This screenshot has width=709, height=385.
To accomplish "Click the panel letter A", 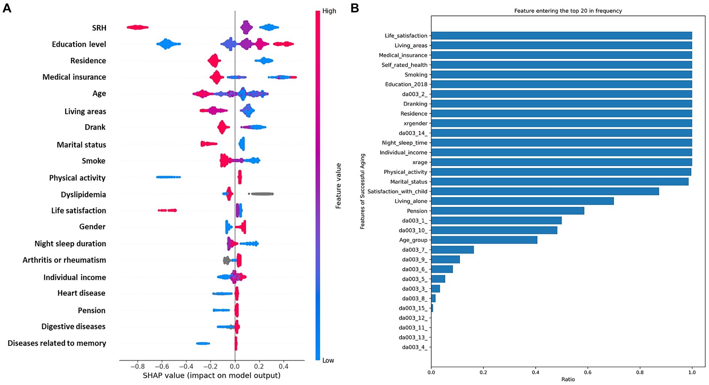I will coord(7,8).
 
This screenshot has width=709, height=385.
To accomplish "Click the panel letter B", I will coord(355,8).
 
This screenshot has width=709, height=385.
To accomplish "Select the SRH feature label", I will coord(99,28).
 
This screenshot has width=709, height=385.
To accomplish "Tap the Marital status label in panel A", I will coord(81,145).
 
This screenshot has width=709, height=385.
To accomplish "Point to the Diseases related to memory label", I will coord(57,343).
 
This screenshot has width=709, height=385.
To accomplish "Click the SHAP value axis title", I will coord(212,375).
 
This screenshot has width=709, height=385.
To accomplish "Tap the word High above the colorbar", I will coord(329,11).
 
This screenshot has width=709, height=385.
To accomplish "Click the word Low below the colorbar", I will coord(328,360).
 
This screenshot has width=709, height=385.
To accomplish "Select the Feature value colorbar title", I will coord(338,186).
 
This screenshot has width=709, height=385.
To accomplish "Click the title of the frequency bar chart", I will coord(568,11).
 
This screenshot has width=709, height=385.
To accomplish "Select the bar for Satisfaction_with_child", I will coord(545,191).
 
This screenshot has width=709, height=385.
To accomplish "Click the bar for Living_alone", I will coord(522,201).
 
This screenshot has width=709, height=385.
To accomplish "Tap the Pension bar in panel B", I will coord(508,211).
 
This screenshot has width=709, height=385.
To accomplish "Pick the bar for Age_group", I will coord(484,240).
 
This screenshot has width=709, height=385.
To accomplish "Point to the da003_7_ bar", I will coord(452,250).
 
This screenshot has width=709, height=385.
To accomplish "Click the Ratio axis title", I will coord(568,379).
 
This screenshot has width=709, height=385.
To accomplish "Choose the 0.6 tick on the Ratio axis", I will coord(587,372).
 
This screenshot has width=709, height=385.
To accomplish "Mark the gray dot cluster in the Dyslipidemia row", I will coord(262,194).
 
